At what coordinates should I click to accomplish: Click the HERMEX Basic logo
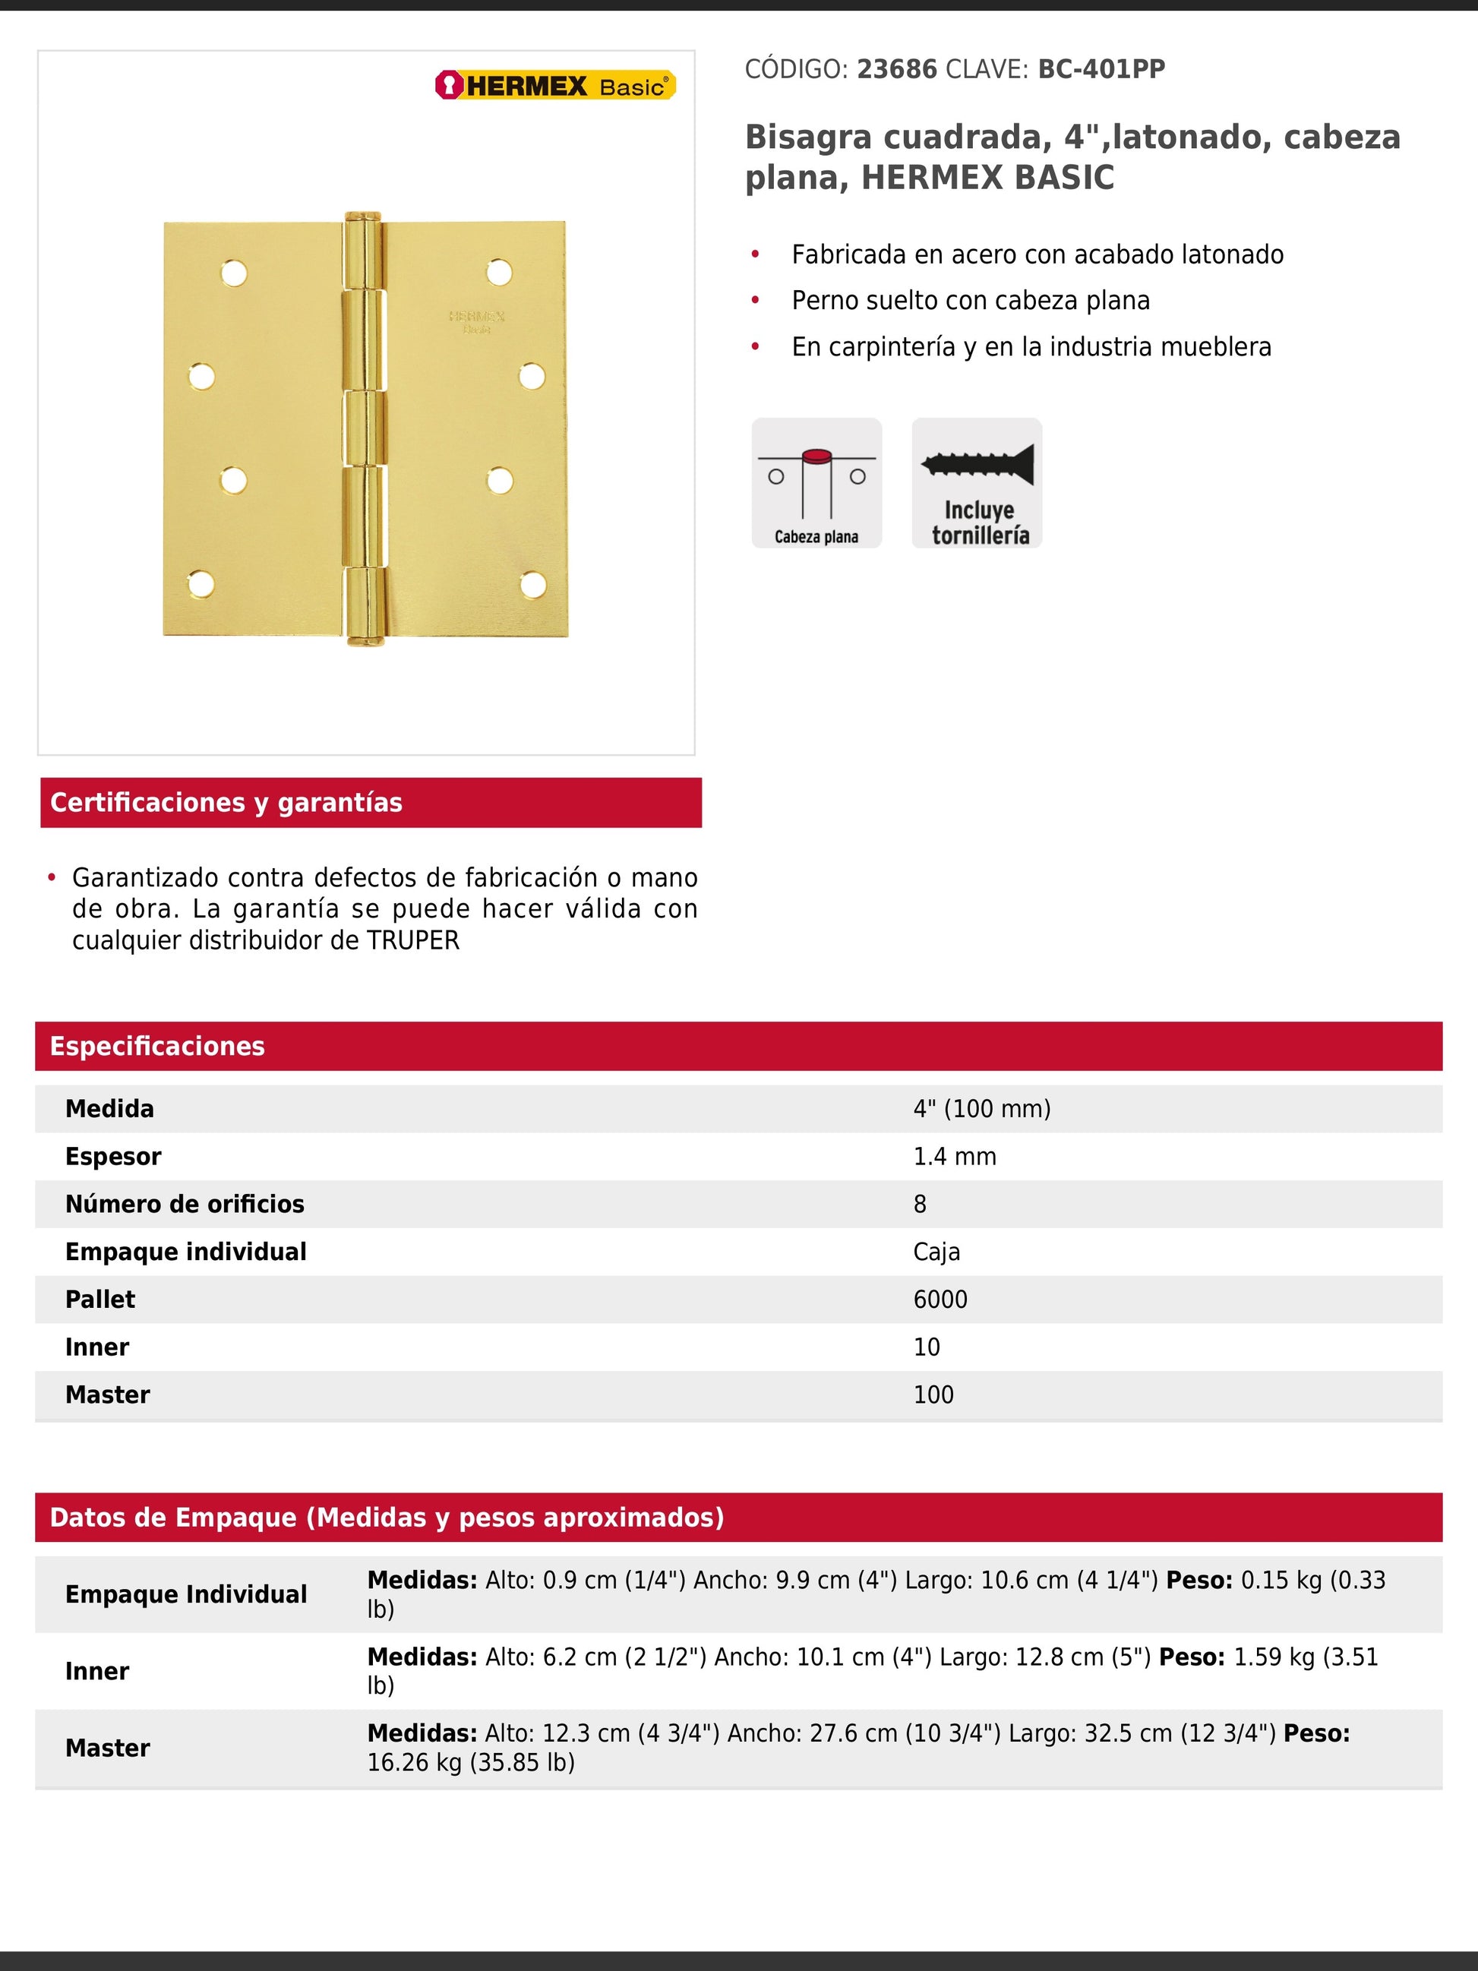point(555,86)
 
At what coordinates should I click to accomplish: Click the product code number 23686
point(896,70)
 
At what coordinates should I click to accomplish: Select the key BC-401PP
point(1101,70)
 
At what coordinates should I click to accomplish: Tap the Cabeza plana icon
point(816,482)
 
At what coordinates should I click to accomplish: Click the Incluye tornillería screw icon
point(977,482)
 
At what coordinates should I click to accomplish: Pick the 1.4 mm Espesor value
point(954,1157)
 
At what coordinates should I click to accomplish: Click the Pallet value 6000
point(940,1299)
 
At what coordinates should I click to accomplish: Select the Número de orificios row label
point(185,1204)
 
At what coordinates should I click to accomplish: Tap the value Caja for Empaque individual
point(936,1252)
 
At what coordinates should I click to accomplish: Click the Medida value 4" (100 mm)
point(982,1108)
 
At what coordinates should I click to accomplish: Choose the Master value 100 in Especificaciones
point(933,1395)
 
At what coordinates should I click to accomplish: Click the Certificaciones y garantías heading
point(226,803)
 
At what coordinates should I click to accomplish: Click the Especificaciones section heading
point(156,1046)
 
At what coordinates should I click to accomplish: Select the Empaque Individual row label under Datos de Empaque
point(185,1594)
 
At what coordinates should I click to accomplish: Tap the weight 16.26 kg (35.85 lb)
point(470,1762)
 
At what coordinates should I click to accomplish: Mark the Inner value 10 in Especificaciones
point(927,1347)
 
